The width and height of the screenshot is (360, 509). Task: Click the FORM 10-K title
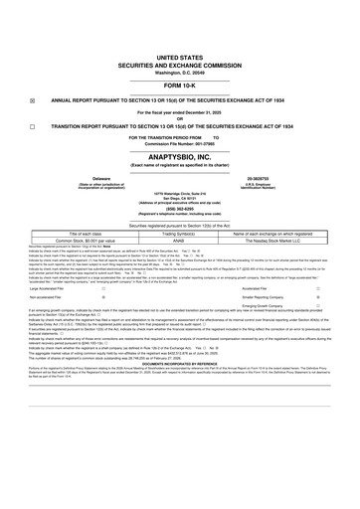(180, 86)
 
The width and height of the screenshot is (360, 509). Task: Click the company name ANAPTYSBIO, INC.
(180, 159)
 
